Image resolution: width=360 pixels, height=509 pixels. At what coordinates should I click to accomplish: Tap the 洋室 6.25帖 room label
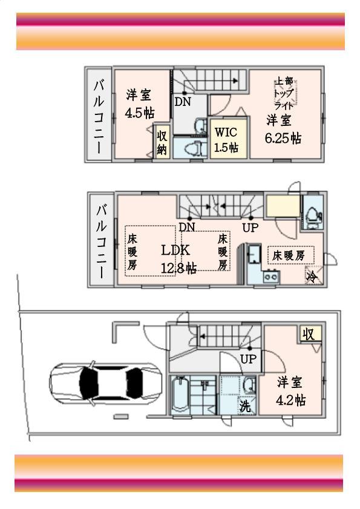(x=283, y=129)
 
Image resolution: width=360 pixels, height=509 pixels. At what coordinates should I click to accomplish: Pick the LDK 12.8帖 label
(x=177, y=258)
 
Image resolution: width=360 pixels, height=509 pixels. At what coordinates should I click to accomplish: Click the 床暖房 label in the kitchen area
(x=291, y=255)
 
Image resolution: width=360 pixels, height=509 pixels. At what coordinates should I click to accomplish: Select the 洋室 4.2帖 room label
(x=291, y=391)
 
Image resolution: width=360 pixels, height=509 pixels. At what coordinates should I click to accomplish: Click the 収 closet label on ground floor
(x=309, y=333)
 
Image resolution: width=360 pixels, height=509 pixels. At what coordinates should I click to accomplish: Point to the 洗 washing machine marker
(x=244, y=406)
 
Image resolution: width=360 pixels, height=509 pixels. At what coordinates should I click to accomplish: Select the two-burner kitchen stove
(x=270, y=277)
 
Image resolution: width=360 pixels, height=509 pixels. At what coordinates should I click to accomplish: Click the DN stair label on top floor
(x=183, y=102)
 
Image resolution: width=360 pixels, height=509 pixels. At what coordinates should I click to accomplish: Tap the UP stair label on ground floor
(x=249, y=359)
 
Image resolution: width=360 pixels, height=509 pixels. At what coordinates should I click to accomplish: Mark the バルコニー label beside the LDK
(x=102, y=241)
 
